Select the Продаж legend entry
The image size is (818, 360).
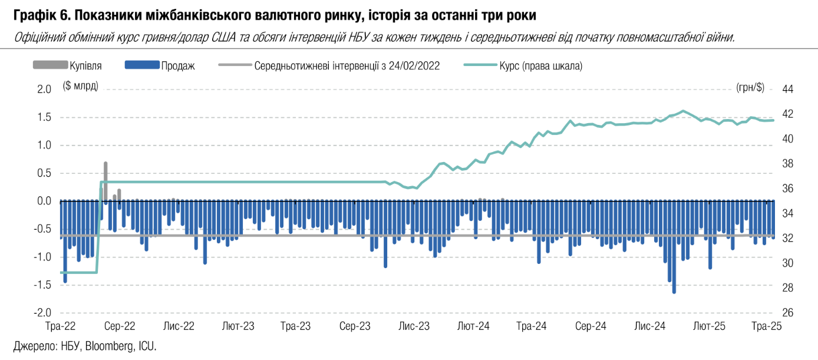177,66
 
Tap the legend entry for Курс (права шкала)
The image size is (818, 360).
540,66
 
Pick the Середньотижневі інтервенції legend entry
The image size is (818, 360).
347,66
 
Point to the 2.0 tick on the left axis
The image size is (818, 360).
45,89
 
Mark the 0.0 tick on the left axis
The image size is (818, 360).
45,201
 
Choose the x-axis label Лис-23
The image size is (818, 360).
415,326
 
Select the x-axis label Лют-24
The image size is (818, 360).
474,326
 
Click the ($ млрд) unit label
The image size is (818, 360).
81,87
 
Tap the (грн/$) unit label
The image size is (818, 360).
750,88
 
